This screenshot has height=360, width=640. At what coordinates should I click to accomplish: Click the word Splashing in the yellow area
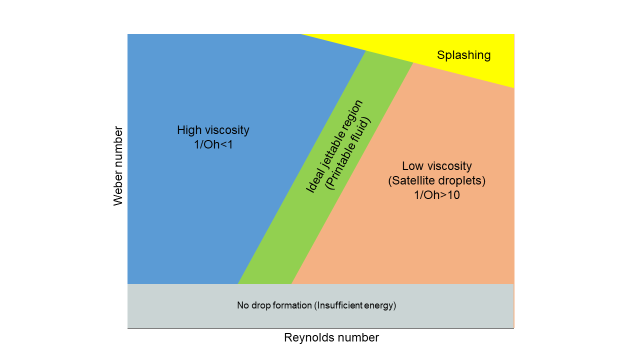pos(463,55)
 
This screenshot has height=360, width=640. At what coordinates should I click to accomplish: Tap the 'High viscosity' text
pos(213,130)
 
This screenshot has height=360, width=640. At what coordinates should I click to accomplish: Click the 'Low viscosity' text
pos(436,166)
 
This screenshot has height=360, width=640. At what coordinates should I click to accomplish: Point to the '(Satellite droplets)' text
pos(436,180)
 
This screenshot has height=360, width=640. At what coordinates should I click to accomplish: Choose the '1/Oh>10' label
pos(436,195)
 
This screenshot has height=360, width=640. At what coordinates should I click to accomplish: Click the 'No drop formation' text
pos(274,305)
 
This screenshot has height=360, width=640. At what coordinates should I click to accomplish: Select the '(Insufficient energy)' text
pos(355,305)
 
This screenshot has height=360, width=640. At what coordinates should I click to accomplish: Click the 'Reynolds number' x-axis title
pos(331,337)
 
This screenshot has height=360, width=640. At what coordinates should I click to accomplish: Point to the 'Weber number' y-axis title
pos(118,166)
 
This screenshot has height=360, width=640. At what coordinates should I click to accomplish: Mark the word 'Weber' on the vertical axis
pos(118,187)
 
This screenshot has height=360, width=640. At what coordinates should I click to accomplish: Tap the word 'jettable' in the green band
pos(335,143)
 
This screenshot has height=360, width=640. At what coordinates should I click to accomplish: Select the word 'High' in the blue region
pos(188,130)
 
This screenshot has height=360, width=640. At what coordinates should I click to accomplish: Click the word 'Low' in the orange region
pos(411,166)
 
